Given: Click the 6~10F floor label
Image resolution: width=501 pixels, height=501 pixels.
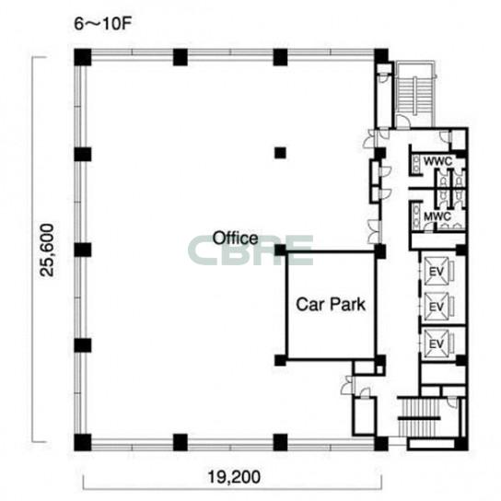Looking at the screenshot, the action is click(x=103, y=24).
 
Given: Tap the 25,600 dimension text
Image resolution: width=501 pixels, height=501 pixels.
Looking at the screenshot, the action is click(x=47, y=250).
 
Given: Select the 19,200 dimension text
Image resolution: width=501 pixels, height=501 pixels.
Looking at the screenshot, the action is click(x=234, y=477).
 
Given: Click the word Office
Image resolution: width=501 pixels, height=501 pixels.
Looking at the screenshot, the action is click(x=236, y=239).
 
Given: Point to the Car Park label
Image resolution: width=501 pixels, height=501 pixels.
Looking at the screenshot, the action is click(x=331, y=304).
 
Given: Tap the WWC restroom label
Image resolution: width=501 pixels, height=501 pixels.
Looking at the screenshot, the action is click(x=437, y=161).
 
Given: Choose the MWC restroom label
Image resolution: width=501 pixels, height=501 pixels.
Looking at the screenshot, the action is click(x=437, y=216).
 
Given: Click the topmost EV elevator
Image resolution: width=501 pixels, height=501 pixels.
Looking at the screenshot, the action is click(x=437, y=271).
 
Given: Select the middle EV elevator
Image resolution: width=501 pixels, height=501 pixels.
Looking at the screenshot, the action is click(x=437, y=307).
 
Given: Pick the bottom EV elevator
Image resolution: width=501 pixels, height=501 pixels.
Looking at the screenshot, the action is click(x=437, y=344).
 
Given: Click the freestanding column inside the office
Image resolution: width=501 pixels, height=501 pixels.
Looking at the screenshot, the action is click(x=280, y=153).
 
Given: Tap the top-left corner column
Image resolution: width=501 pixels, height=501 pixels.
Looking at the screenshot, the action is click(x=83, y=57).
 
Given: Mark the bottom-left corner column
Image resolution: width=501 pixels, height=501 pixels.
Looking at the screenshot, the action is click(x=83, y=443).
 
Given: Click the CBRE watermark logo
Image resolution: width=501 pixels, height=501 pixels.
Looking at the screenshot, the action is click(x=250, y=250).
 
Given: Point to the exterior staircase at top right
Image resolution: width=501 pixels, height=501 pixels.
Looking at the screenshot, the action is click(x=415, y=93).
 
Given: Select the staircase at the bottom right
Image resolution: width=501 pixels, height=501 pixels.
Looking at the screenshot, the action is click(x=419, y=417).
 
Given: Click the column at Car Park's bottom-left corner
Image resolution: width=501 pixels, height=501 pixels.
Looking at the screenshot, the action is click(x=281, y=360).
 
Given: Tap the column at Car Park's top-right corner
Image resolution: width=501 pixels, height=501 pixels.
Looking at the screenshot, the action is click(x=380, y=251).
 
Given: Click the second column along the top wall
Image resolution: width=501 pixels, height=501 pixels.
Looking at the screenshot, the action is click(x=181, y=57).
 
